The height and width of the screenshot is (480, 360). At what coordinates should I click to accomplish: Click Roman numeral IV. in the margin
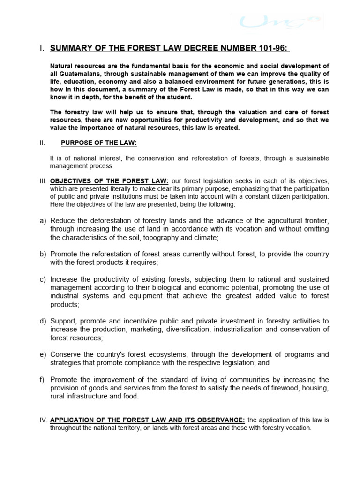(x=43, y=420)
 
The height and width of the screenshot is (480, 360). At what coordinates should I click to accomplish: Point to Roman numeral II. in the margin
(x=42, y=143)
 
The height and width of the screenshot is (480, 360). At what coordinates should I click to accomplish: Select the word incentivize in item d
(x=139, y=321)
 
